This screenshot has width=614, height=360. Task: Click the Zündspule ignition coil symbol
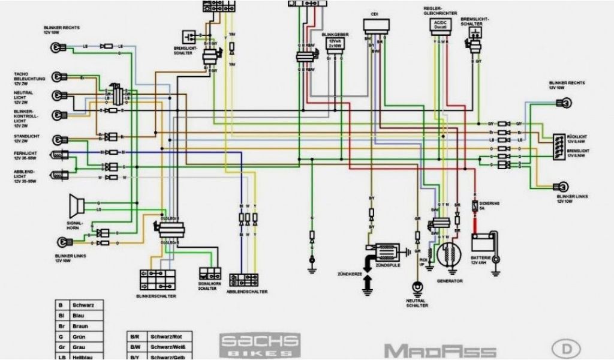387,248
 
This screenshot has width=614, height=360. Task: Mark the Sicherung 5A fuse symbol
475,206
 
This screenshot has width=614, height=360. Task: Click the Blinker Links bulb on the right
564,186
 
